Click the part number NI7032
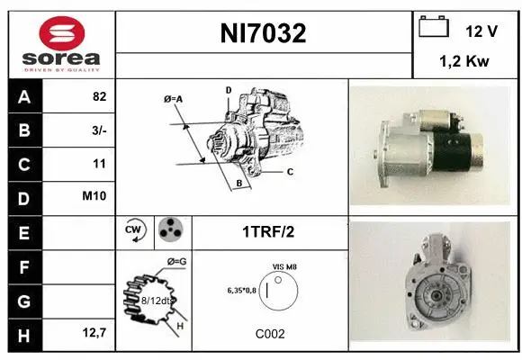click(x=264, y=34)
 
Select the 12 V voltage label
click(x=481, y=31)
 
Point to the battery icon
click(x=435, y=28)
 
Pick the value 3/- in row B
click(x=98, y=131)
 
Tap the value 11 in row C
click(x=100, y=164)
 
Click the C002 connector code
click(x=269, y=334)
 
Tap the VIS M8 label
click(x=284, y=267)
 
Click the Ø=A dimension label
click(x=174, y=98)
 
